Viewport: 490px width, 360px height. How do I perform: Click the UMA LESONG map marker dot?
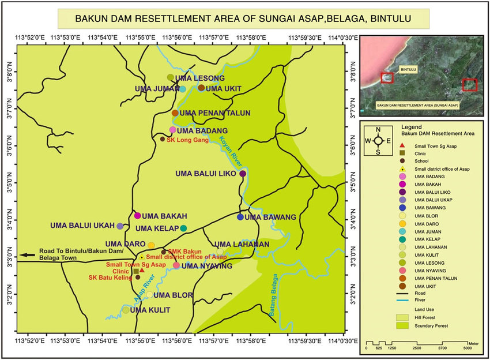click(x=170, y=77)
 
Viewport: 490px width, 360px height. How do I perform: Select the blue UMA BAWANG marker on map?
click(x=240, y=217)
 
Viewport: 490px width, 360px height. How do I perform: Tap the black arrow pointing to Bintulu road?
click(x=27, y=254)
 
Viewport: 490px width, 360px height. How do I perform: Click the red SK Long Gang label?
click(x=186, y=139)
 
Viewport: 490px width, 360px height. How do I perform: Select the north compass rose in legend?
click(x=378, y=140)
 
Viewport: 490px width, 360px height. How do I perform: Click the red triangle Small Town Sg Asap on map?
click(x=141, y=269)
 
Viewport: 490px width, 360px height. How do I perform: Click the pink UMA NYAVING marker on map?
click(x=176, y=265)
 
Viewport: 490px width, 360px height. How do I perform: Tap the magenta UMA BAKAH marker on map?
click(x=137, y=215)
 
